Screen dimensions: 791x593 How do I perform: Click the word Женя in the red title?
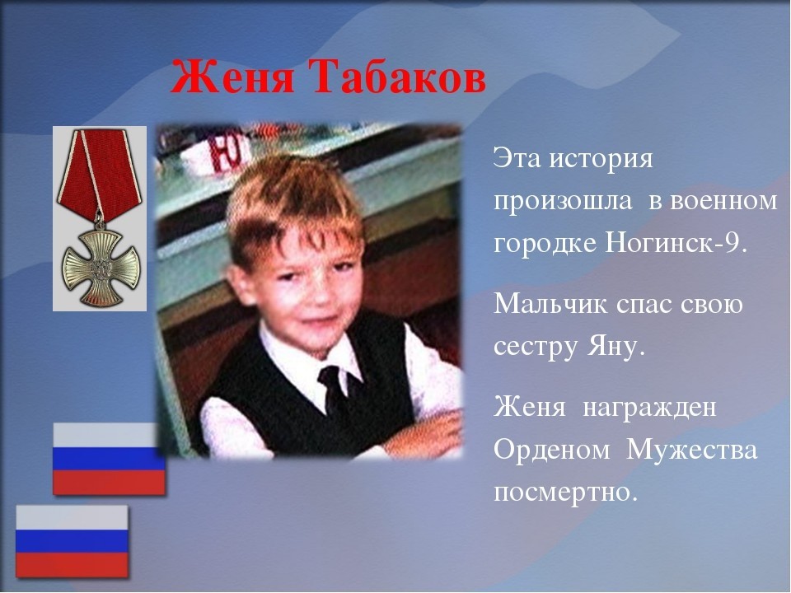[232, 77]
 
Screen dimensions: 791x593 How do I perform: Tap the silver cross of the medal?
[100, 267]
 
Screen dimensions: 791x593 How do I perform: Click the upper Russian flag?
[109, 459]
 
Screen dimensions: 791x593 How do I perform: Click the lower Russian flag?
[72, 542]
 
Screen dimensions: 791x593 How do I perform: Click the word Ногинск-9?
[675, 243]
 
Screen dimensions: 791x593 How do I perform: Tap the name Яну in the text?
[616, 347]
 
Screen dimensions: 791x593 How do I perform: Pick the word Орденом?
[552, 449]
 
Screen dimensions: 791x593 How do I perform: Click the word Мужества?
[691, 449]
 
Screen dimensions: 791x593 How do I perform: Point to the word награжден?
[649, 406]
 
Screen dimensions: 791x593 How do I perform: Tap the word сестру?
[536, 348]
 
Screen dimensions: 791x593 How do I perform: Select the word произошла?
[563, 202]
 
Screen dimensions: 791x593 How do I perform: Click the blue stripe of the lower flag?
[72, 540]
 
